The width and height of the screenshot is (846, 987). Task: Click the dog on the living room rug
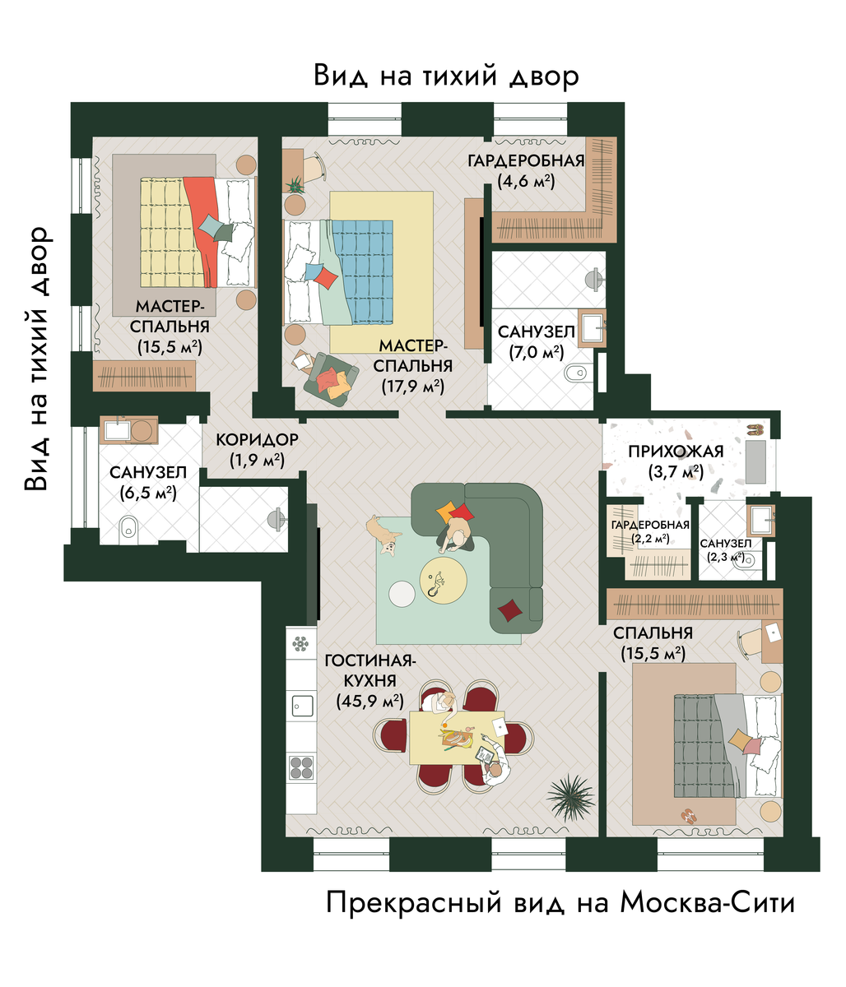[x=383, y=535]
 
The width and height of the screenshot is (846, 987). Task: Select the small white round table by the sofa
[x=402, y=594]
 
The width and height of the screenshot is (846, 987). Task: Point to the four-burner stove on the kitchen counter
[x=301, y=769]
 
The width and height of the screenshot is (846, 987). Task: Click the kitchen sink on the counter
[x=302, y=704]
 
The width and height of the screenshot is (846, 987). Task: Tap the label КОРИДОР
[x=257, y=440]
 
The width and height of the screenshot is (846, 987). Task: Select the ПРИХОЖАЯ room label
[x=676, y=452]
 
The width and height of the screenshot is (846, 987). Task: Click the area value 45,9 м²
[x=370, y=702]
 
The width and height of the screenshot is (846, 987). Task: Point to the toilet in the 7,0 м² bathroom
[x=574, y=373]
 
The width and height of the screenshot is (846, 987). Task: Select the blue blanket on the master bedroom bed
[x=362, y=271]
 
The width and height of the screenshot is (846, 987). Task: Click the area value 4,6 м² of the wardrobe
[x=526, y=181]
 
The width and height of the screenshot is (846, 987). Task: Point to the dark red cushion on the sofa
[x=510, y=610]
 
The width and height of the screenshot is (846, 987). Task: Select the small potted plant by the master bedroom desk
[x=295, y=184]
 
